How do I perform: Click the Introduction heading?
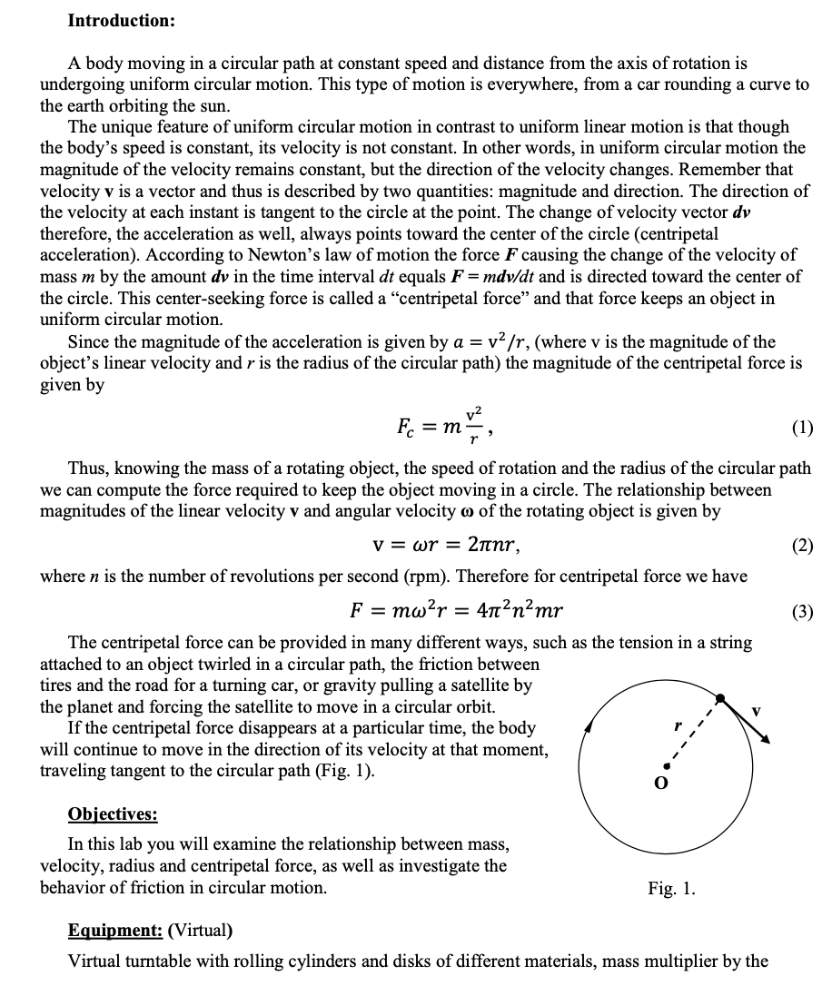click(122, 19)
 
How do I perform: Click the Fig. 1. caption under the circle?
click(671, 888)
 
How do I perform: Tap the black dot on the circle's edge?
click(720, 698)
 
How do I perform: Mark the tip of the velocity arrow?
click(767, 742)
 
